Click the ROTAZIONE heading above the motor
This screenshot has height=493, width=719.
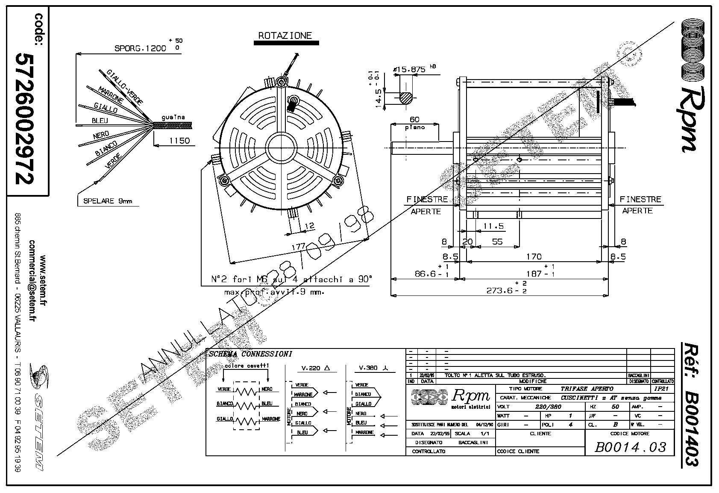285,35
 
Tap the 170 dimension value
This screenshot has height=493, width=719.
534,257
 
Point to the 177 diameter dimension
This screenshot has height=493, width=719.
297,247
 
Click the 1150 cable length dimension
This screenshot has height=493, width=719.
179,141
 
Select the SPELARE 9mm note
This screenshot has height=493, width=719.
108,201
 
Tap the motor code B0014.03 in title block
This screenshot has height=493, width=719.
631,447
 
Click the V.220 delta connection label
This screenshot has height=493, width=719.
313,368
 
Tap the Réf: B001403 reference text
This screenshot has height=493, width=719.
689,404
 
